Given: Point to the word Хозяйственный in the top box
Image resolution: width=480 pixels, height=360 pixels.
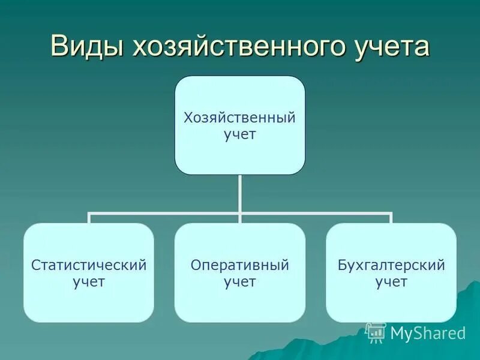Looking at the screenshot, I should [x=239, y=118].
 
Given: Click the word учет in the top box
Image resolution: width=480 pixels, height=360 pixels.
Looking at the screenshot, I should [x=239, y=134].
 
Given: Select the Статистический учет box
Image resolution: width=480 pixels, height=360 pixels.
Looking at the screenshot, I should [x=89, y=272].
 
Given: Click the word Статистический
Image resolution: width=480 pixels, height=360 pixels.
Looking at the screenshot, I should [x=89, y=265].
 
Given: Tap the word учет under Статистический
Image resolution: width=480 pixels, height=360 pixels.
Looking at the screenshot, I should [x=89, y=282].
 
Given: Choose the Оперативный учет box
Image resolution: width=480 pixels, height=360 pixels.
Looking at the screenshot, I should [x=239, y=272].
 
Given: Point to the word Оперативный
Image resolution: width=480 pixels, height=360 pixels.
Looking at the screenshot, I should [x=239, y=265].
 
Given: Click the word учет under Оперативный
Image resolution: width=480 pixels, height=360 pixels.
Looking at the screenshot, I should [x=239, y=282].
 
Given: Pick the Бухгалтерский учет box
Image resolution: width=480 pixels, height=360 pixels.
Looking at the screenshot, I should [x=391, y=272].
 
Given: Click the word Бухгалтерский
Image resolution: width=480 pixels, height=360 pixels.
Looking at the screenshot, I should [x=391, y=265].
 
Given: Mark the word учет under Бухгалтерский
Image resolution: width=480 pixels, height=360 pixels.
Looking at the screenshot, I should [x=391, y=282].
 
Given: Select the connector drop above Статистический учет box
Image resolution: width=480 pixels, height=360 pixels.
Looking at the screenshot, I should [x=89, y=218].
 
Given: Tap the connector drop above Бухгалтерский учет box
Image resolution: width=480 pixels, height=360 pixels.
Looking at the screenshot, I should [x=391, y=218].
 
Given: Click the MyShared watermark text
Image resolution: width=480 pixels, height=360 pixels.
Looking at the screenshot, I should [x=428, y=333].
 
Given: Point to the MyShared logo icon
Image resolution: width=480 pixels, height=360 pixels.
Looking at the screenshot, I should [x=376, y=332].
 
